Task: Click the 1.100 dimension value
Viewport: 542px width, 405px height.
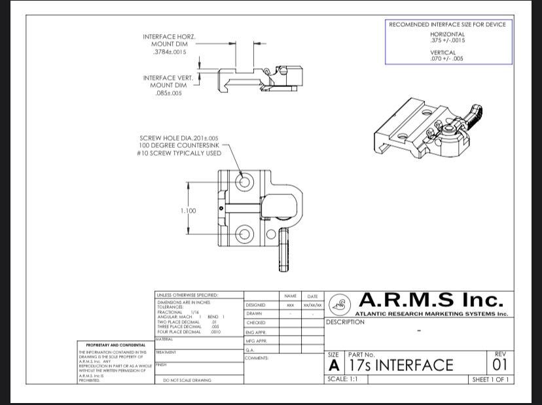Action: pos(189,211)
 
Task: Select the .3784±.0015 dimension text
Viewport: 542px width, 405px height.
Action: pos(170,51)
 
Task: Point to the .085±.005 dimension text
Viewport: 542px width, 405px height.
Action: pos(168,94)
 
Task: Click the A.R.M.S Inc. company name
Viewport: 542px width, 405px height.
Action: pos(433,300)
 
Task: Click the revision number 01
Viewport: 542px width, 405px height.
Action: pos(500,364)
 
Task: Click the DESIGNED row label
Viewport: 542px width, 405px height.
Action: pos(256,305)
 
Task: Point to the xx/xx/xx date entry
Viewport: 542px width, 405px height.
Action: pos(312,305)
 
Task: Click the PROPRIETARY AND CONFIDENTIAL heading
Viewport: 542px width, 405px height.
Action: pos(115,345)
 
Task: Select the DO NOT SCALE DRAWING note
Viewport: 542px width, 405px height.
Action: pos(187,380)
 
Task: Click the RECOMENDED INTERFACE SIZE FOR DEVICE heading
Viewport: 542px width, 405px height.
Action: pos(447,24)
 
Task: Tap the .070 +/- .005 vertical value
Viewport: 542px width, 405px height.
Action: pos(447,58)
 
